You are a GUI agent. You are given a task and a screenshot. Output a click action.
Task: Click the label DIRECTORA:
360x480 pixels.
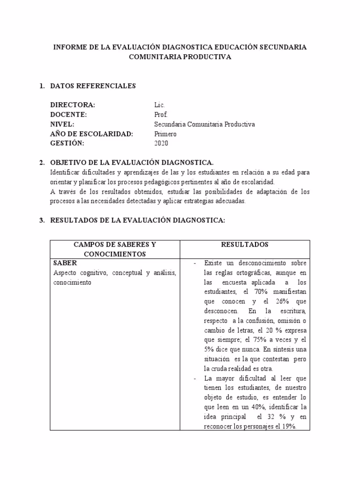(72, 105)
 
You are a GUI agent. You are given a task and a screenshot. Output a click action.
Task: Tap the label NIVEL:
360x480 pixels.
(62, 124)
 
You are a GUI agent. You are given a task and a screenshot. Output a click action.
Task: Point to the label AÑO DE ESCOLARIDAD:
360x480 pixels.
(91, 134)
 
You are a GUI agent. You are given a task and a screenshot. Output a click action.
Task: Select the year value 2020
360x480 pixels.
(161, 143)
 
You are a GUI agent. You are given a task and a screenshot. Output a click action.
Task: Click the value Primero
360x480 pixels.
(165, 134)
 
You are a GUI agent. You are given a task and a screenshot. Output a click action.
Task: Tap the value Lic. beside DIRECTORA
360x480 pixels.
(159, 105)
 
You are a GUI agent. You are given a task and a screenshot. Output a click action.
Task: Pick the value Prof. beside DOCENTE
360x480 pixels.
(160, 114)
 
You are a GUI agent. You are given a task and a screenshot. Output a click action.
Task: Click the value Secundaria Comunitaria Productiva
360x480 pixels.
(204, 124)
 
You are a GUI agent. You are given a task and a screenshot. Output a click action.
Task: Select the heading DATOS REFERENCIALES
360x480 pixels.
(92, 86)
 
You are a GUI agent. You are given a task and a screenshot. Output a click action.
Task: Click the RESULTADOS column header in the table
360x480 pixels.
(245, 245)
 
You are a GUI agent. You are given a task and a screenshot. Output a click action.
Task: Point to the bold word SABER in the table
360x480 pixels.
(65, 263)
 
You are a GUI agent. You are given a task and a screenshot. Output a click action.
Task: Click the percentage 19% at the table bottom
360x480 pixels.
(288, 426)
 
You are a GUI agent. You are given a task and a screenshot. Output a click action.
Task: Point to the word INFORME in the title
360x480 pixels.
(71, 47)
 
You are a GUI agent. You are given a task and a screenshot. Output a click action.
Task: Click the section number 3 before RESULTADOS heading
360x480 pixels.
(41, 220)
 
